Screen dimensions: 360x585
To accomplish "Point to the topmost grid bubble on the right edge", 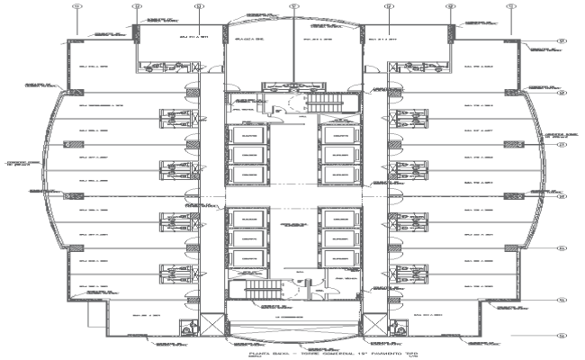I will point(559,40).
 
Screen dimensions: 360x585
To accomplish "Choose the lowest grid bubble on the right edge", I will point(559,335).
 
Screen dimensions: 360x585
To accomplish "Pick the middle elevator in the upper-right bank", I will point(341,154).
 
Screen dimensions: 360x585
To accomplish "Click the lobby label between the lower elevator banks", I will point(292,223).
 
